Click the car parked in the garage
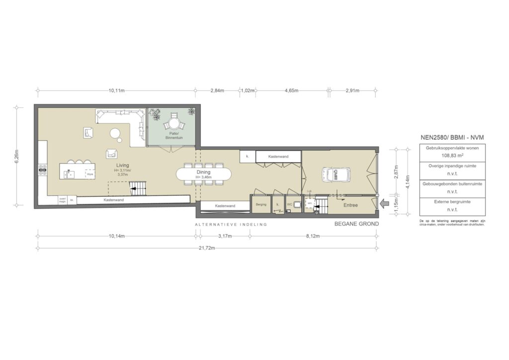click(336, 174)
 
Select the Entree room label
click(350, 204)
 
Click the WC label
click(289, 205)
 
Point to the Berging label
click(261, 205)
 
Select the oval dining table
click(204, 174)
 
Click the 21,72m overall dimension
click(207, 248)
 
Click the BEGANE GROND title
click(357, 224)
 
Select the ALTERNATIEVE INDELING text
click(231, 225)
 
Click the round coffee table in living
click(115, 133)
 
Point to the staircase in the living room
click(136, 188)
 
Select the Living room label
click(122, 165)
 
